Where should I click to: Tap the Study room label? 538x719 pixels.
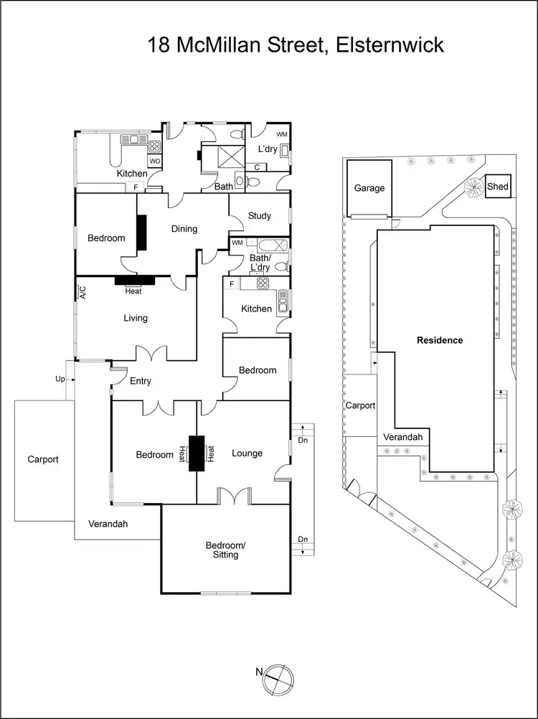(259, 215)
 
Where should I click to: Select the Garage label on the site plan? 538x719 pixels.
(369, 188)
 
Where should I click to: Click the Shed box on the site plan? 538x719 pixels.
(498, 187)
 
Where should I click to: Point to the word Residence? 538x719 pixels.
(440, 340)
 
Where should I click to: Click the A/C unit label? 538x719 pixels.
(82, 292)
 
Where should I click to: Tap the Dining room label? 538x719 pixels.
(184, 229)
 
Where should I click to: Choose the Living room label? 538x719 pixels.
(135, 318)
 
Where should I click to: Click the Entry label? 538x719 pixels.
(141, 381)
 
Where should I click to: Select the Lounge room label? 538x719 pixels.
(247, 453)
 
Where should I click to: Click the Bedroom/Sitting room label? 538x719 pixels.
(225, 550)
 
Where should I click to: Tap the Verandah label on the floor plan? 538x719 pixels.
(108, 524)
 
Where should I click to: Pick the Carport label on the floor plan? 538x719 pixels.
(43, 459)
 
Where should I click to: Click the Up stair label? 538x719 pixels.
(60, 377)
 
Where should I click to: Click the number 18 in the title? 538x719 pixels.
(159, 45)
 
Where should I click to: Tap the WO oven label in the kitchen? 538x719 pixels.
(154, 161)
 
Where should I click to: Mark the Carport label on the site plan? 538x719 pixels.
(360, 405)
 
